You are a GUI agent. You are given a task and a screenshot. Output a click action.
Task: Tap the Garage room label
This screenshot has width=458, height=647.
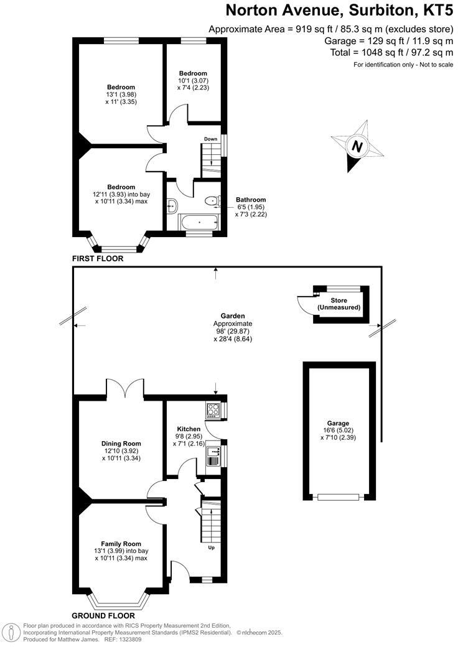click(339, 423)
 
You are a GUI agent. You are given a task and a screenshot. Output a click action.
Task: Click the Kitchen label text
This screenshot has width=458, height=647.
click(189, 429)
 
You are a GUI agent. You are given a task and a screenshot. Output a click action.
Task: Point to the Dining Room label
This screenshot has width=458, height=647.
click(120, 444)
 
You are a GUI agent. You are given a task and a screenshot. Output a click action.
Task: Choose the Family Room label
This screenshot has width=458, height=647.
click(121, 544)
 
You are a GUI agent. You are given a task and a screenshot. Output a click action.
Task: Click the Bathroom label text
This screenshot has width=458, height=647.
click(251, 200)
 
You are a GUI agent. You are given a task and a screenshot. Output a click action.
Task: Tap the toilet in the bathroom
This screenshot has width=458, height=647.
click(212, 200)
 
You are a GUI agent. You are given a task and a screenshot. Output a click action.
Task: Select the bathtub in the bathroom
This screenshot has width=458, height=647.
click(199, 221)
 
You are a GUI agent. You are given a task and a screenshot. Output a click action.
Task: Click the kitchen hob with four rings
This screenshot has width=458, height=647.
click(212, 409)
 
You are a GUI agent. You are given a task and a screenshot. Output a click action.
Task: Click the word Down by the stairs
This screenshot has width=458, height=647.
click(210, 139)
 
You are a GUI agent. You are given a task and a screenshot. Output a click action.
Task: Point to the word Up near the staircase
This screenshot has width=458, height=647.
click(212, 548)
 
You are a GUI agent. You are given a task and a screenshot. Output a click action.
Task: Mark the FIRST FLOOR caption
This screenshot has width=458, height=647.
click(98, 258)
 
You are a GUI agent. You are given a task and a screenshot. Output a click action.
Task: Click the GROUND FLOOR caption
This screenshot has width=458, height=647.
click(103, 616)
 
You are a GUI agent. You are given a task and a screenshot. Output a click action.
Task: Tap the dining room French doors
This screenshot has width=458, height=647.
click(126, 389)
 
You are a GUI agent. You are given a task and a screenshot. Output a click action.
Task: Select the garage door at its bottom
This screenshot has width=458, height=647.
click(339, 496)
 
